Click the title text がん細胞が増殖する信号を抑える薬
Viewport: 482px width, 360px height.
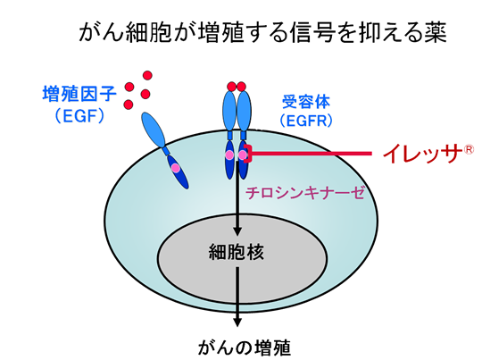click(262, 32)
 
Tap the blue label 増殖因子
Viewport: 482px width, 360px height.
click(79, 94)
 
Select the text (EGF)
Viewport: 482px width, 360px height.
click(79, 116)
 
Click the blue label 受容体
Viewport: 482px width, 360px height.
click(306, 102)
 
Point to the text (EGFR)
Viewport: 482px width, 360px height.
click(306, 121)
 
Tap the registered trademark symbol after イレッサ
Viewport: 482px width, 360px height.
click(469, 150)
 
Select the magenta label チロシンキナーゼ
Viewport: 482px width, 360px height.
click(305, 193)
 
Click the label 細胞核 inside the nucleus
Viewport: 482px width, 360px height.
click(237, 252)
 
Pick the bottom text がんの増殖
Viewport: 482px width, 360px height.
click(244, 348)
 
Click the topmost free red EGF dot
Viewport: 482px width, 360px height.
click(147, 75)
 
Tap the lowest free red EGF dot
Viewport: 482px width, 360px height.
click(129, 105)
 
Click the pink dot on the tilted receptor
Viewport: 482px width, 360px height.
click(175, 168)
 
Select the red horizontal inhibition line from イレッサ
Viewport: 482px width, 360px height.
click(312, 153)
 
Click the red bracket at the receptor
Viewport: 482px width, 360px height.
click(248, 154)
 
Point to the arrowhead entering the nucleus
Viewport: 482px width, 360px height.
click(237, 231)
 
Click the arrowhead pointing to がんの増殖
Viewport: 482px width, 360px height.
click(237, 322)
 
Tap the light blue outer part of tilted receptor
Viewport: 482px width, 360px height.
click(154, 130)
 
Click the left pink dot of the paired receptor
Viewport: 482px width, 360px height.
click(229, 155)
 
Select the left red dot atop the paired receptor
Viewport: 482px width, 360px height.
click(232, 87)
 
